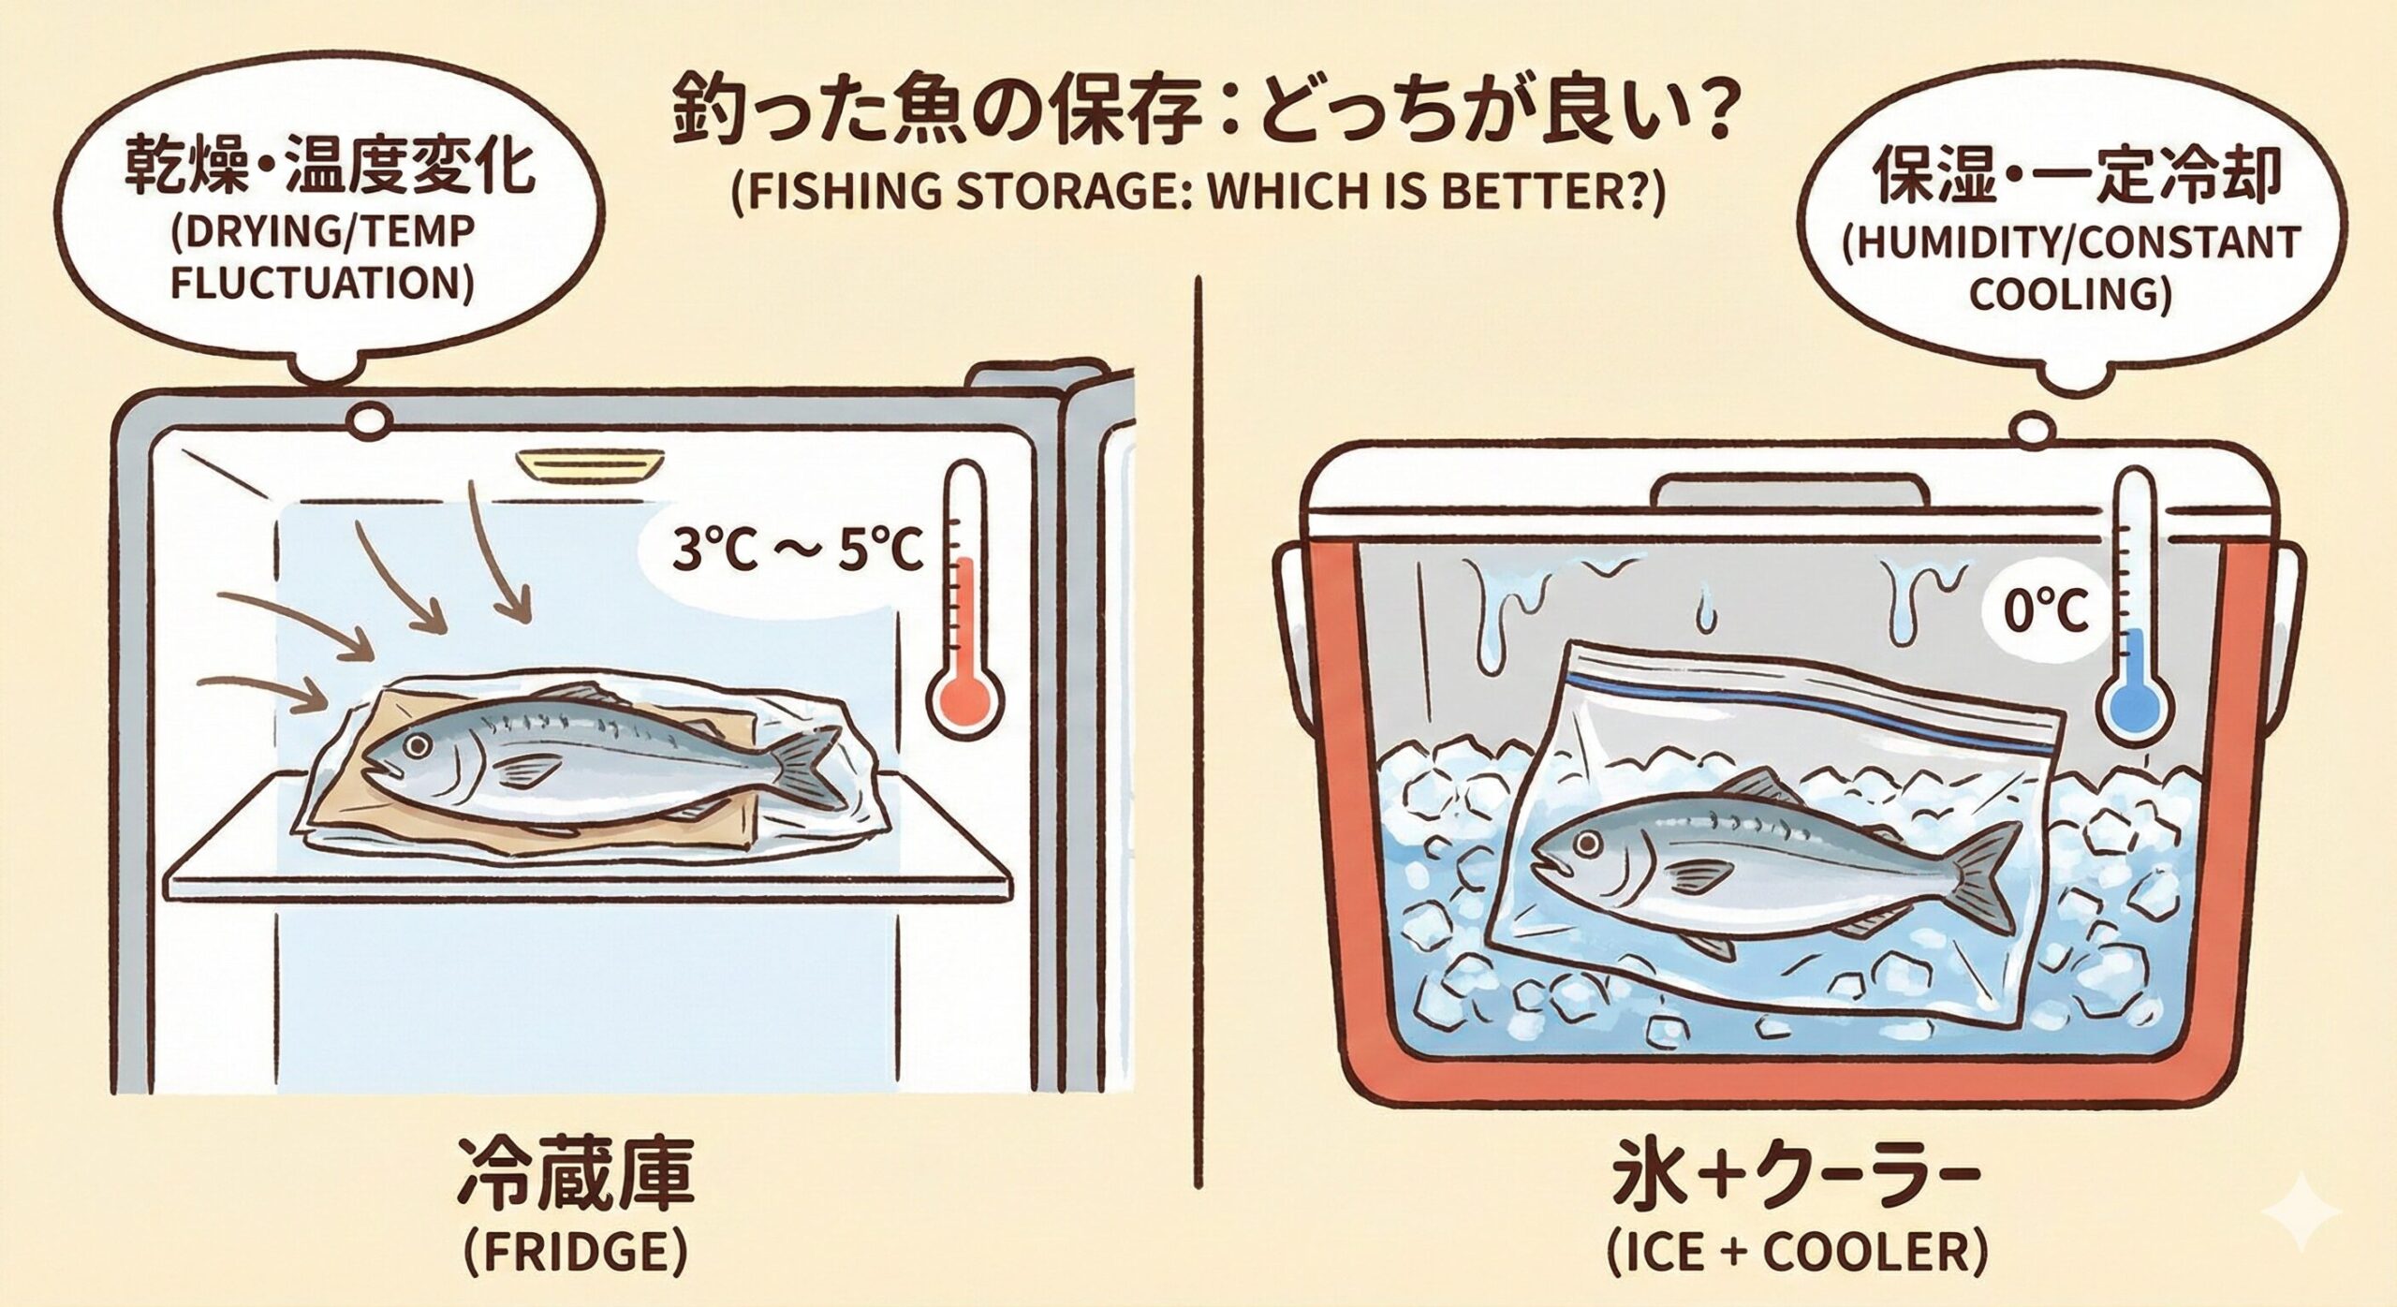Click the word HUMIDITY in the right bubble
coord(1950,245)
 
